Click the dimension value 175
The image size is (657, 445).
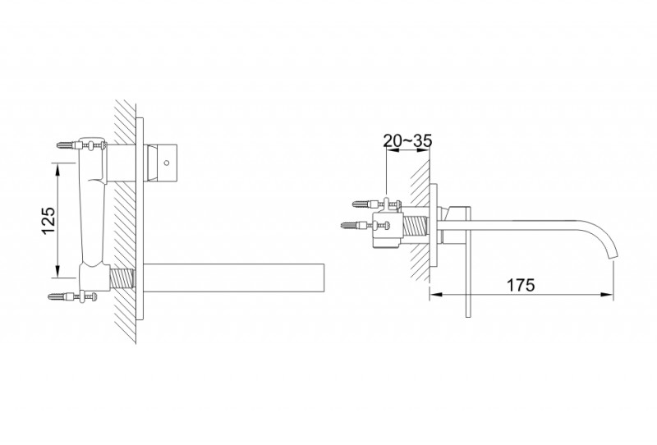click(521, 284)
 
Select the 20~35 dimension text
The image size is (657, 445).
click(408, 140)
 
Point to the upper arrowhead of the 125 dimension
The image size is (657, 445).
click(57, 166)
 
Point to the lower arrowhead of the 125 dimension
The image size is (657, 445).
click(57, 273)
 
